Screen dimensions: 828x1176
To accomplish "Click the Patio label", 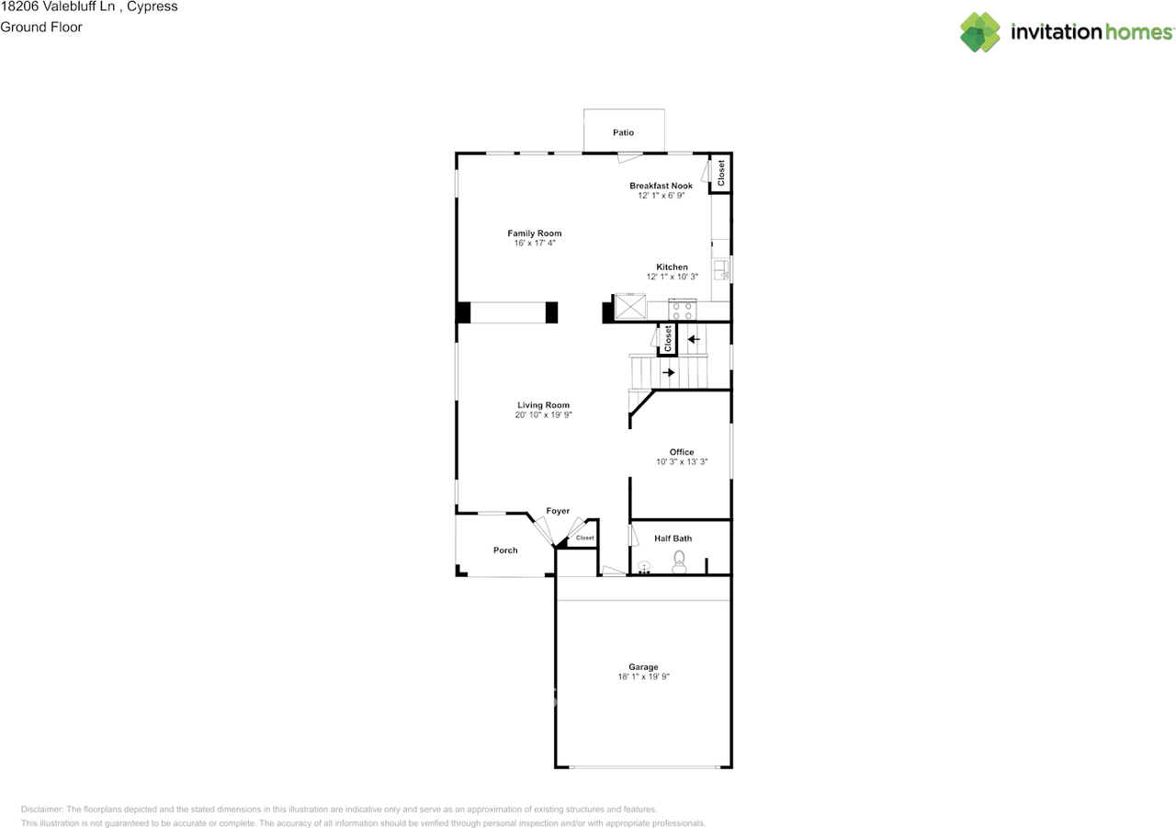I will [623, 133].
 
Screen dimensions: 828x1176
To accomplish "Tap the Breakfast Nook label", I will [661, 186].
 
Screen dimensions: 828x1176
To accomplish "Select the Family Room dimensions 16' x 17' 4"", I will [535, 244].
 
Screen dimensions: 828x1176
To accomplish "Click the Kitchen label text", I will [672, 267].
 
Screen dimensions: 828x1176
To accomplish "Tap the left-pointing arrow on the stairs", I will [694, 339].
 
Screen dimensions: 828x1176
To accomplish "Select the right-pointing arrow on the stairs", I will [669, 372].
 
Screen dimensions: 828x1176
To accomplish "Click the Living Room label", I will [543, 405].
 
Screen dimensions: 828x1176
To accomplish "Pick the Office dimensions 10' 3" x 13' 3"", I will [682, 462].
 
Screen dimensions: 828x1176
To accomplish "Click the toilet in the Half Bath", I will [680, 561].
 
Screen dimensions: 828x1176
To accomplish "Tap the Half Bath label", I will [673, 539].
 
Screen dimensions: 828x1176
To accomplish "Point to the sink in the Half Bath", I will [644, 567].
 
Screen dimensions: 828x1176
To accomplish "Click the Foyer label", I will [558, 511].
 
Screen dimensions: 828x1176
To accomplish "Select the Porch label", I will [505, 550].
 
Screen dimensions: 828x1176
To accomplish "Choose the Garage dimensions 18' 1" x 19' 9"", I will [643, 677].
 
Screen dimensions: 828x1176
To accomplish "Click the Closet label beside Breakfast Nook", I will [721, 173].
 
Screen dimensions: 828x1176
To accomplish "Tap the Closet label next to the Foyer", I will [585, 538].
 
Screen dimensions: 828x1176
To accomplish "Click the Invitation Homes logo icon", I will [980, 32].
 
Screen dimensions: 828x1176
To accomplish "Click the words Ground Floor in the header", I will [41, 27].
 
